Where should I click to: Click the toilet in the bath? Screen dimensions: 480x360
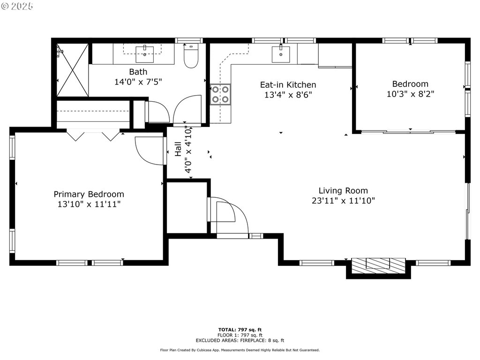(191, 56)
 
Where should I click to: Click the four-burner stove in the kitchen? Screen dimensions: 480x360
(220, 94)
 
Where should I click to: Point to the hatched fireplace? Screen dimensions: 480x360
(378, 266)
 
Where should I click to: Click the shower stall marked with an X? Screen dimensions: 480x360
(73, 70)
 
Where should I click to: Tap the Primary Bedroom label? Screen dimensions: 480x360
(89, 194)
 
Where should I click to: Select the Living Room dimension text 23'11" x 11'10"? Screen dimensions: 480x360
(344, 201)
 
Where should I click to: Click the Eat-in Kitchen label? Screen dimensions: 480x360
(288, 85)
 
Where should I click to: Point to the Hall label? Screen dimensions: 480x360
(178, 150)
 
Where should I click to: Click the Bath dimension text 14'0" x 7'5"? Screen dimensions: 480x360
(138, 82)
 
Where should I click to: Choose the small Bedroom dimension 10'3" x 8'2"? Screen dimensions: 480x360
(410, 94)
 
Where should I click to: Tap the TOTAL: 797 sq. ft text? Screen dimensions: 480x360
(240, 330)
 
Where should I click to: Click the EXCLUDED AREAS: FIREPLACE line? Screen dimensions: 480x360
(240, 340)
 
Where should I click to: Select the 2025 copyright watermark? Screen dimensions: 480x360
(17, 7)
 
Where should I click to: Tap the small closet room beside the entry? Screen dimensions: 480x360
(187, 208)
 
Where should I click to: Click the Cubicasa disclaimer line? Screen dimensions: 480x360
(240, 350)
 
